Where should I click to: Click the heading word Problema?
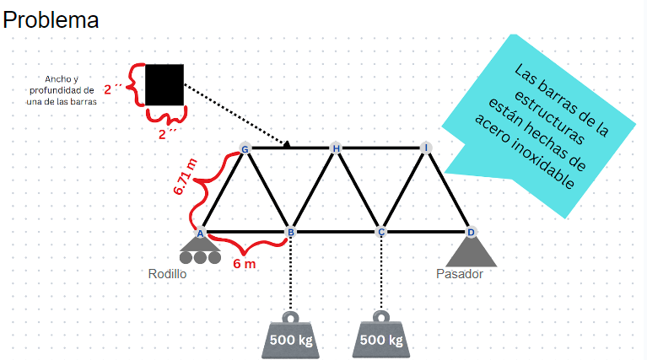pyautogui.click(x=51, y=20)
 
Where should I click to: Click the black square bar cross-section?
pyautogui.click(x=164, y=84)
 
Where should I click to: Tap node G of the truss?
pyautogui.click(x=245, y=149)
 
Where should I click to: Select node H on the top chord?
pyautogui.click(x=336, y=149)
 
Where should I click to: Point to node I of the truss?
pyautogui.click(x=427, y=148)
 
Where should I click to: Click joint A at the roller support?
pyautogui.click(x=201, y=233)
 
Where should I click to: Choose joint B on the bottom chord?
pyautogui.click(x=291, y=232)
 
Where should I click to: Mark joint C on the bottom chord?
pyautogui.click(x=381, y=232)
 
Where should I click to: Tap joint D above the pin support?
pyautogui.click(x=471, y=232)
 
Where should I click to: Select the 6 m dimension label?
pyautogui.click(x=244, y=263)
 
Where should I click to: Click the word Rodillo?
pyautogui.click(x=167, y=274)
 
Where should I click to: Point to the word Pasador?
pyautogui.click(x=460, y=274)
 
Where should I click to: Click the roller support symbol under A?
pyautogui.click(x=201, y=251)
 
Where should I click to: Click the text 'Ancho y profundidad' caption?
pyautogui.click(x=62, y=89)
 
